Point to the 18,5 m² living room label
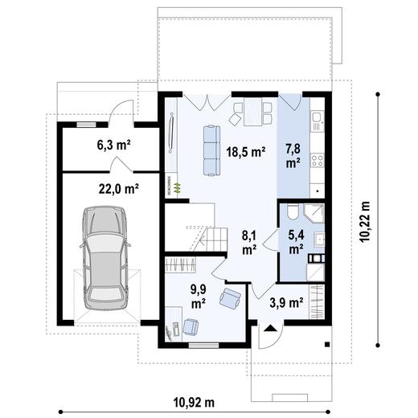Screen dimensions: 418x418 pyautogui.click(x=245, y=151)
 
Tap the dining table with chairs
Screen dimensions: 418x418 pyautogui.click(x=248, y=113)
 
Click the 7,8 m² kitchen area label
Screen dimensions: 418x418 pyautogui.click(x=293, y=154)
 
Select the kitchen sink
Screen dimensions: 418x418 pyautogui.click(x=316, y=122)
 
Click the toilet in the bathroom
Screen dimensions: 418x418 pyautogui.click(x=293, y=211)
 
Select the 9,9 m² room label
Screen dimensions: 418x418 pyautogui.click(x=198, y=296)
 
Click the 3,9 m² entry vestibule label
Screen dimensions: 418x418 pyautogui.click(x=285, y=303)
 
